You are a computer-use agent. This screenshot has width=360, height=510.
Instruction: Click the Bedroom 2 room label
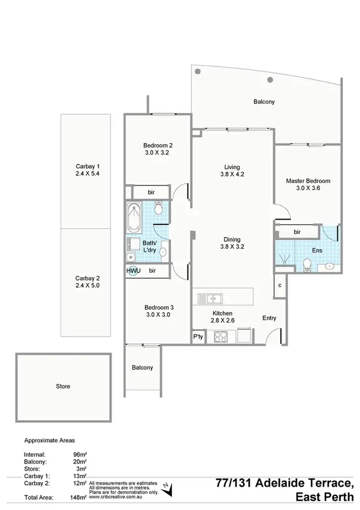[x=158, y=146]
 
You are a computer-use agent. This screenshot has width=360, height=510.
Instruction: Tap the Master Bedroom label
[x=308, y=181]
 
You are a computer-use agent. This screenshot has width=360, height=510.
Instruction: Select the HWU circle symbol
[x=132, y=271]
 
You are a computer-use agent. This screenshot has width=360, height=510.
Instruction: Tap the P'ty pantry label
[x=198, y=336]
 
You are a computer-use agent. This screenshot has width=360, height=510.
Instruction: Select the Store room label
[x=63, y=386]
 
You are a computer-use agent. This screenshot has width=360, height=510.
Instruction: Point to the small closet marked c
[x=280, y=285]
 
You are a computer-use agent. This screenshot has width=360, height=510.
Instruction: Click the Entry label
[x=269, y=317]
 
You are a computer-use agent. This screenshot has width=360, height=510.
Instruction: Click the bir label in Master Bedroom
[x=297, y=232]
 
